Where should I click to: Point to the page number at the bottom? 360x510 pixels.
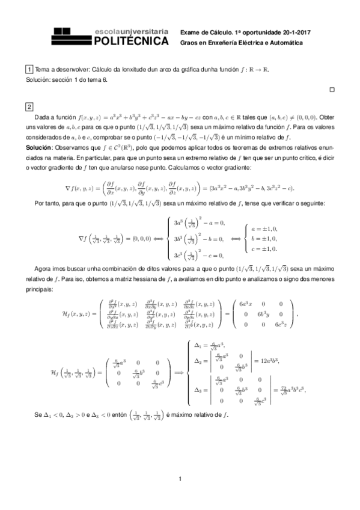click(180, 478)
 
